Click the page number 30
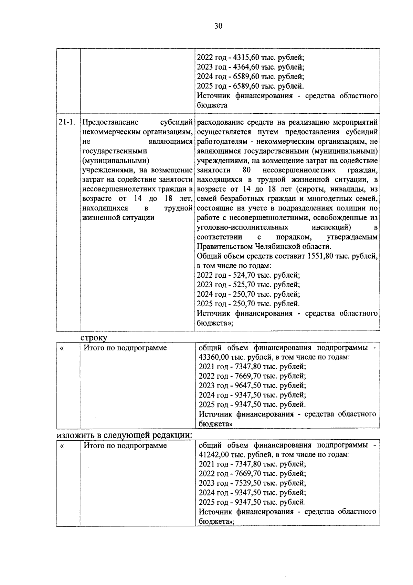[x=218, y=27]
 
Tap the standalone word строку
[x=94, y=338]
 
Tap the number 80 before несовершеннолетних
[x=246, y=170]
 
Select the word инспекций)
[x=331, y=227]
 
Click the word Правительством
[x=225, y=247]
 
